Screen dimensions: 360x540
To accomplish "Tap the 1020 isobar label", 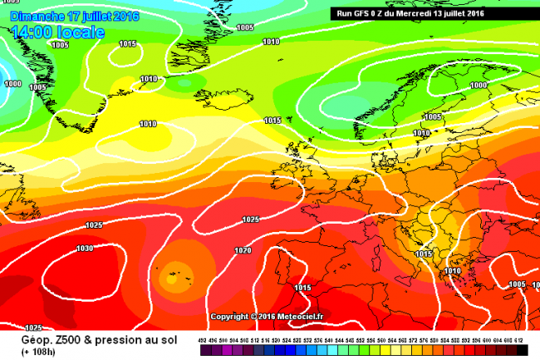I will point(243,250).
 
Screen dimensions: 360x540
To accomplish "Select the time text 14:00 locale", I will point(59,32).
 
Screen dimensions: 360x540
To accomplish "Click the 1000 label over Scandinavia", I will point(479,85).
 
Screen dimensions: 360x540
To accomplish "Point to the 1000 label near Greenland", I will point(13,83).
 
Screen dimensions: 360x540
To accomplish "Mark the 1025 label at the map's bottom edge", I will point(34,328).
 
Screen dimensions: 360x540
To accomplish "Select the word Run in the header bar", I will point(341,13).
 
